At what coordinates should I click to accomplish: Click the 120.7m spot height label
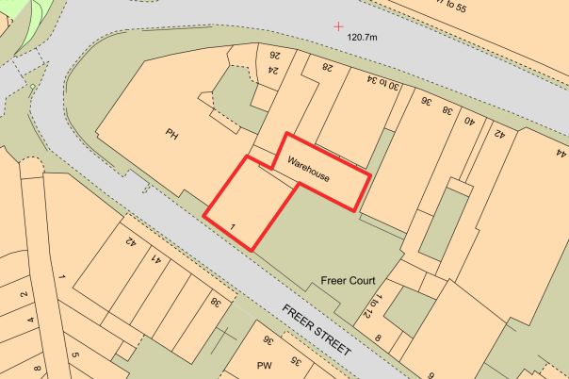click(362, 37)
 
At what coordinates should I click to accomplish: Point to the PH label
click(171, 135)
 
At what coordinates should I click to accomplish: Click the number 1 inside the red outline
click(232, 226)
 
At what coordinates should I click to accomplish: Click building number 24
click(274, 69)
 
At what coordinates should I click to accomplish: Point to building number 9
click(431, 375)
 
